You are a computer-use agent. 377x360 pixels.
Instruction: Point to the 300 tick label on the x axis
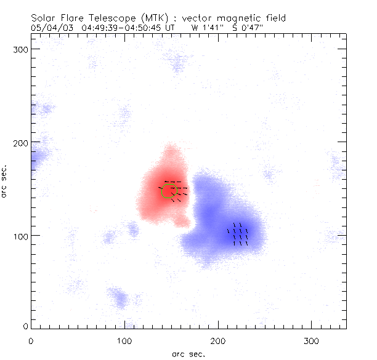(x=312, y=340)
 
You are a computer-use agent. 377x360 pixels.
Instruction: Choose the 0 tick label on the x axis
(x=31, y=340)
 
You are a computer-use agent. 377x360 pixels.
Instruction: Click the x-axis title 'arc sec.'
(x=188, y=353)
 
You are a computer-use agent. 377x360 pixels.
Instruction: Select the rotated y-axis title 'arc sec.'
(x=5, y=181)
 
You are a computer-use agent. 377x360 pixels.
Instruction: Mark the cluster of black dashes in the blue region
(x=238, y=234)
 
